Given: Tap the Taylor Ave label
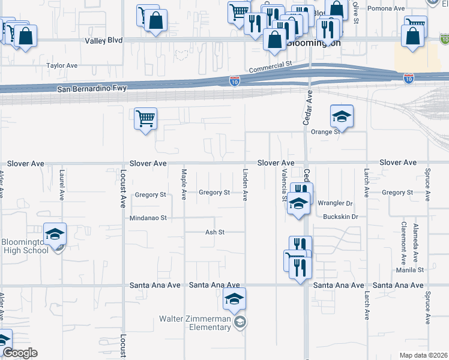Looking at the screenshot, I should point(62,65).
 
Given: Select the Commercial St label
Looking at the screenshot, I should point(270,63).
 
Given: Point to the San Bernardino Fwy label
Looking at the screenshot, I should point(92,89).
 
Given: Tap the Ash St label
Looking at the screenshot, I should point(214,232).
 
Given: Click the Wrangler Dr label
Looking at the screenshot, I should point(334,203).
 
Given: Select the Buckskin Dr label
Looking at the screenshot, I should point(340,217).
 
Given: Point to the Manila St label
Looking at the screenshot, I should point(410,270).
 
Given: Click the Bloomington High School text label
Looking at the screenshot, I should point(25,246).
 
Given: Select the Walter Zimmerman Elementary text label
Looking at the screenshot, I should point(195,323).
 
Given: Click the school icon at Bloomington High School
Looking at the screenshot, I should point(55,235).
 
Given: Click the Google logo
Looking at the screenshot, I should point(20,353).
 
